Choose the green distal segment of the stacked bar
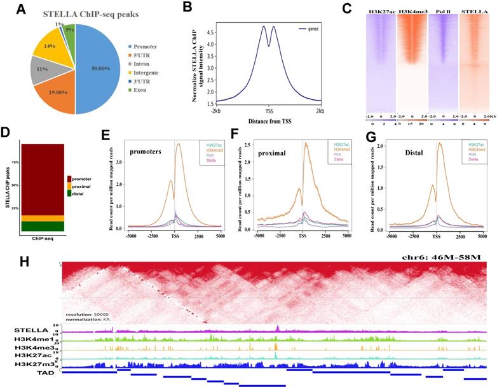click(43, 227)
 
